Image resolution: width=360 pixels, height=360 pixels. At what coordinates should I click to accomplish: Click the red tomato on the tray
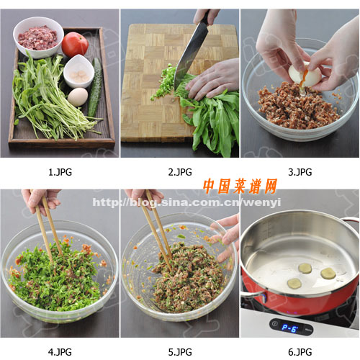click(x=75, y=44)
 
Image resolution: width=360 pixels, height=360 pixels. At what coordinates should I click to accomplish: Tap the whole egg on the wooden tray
click(x=78, y=96)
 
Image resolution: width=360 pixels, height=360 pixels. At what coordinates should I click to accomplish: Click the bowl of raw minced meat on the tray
click(x=38, y=37)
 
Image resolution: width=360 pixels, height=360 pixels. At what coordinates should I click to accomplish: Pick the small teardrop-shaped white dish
click(x=78, y=71)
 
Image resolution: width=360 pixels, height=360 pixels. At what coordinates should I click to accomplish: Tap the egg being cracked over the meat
click(x=305, y=74)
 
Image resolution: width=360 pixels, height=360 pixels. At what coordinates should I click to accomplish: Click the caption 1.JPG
click(x=60, y=172)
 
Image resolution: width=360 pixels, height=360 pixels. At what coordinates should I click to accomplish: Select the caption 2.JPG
click(x=180, y=172)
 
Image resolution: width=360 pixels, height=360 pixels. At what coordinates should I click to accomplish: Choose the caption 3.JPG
click(x=300, y=172)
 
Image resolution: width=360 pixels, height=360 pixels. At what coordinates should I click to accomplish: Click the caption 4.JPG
click(x=60, y=352)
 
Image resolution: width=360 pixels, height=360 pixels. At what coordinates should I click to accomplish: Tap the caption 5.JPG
click(x=180, y=352)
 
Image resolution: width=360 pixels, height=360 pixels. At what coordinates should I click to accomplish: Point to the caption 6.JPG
click(x=300, y=352)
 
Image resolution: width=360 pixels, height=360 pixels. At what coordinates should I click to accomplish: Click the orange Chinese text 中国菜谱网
click(x=240, y=186)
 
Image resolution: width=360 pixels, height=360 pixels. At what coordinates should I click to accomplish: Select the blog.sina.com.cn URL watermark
click(x=186, y=203)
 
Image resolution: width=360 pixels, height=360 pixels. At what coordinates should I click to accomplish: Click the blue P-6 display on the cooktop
click(x=289, y=328)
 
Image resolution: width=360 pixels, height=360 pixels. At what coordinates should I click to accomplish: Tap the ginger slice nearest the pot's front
click(x=294, y=284)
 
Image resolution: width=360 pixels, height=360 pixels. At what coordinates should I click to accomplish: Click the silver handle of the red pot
click(x=253, y=296)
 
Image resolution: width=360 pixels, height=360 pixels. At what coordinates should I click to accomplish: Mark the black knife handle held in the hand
click(x=205, y=17)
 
